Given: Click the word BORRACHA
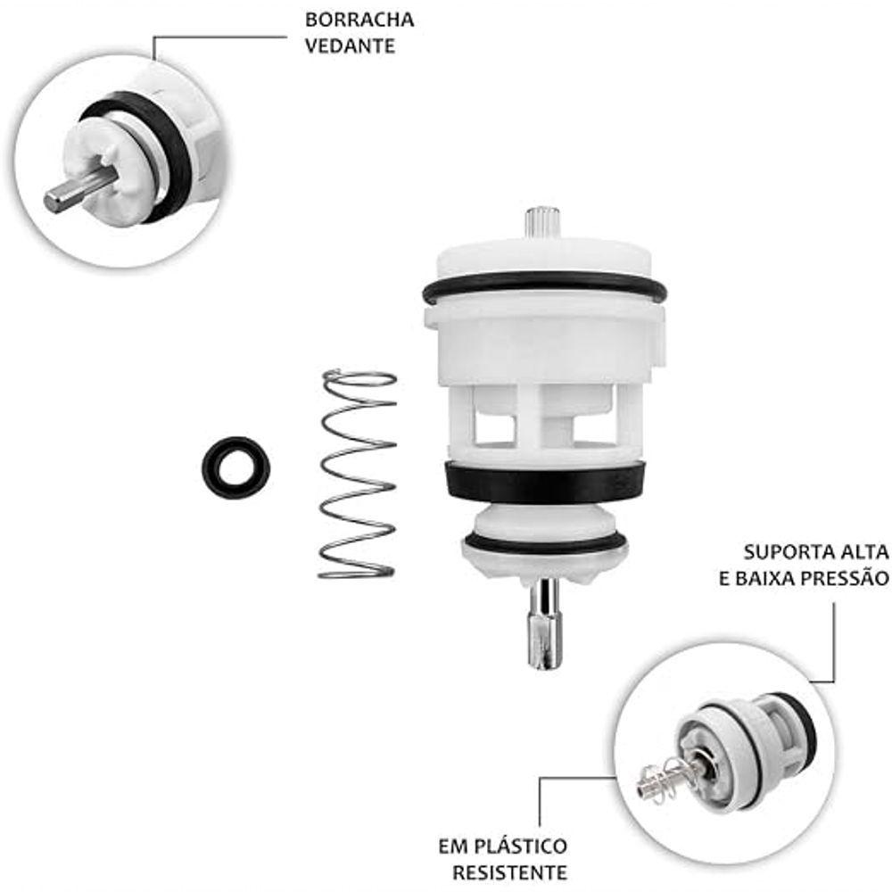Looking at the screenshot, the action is coord(359,20).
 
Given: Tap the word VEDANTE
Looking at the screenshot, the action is coord(350,45).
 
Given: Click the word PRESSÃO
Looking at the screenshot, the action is coord(844,578).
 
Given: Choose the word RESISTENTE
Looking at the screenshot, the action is coord(509,871).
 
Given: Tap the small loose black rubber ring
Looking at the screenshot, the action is coord(235,467).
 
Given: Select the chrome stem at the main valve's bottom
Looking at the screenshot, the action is coord(543,622).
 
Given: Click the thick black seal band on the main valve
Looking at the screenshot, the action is coord(544,483).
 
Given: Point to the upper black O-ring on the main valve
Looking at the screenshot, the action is coord(544,287).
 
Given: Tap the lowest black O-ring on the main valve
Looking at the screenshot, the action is coord(546,543).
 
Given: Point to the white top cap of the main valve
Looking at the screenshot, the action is coord(543,259).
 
